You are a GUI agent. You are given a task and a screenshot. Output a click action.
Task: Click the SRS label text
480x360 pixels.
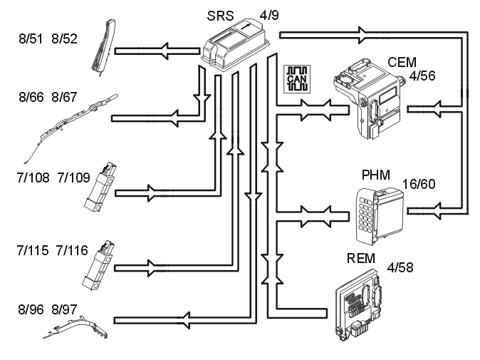pos(220,16)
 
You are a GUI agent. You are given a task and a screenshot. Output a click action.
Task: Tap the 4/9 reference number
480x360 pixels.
pos(269,15)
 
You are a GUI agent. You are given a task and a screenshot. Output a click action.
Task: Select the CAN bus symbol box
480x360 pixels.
pos(297,79)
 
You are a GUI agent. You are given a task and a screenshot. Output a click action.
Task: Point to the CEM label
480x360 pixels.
pos(402,63)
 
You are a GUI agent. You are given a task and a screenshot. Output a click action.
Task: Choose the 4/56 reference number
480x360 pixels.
pos(422,76)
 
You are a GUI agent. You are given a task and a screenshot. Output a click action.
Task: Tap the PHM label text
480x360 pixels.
pos(376,175)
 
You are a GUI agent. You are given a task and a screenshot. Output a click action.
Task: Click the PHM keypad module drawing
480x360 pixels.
pos(380,216)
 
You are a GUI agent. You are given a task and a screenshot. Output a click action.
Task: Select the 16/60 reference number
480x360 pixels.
pos(419,184)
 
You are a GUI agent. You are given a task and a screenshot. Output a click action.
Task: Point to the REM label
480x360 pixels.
pos(360,258)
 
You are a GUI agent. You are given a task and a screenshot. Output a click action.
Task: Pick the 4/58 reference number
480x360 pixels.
pos(400,267)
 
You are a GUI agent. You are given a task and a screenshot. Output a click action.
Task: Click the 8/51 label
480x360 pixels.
pos(31,39)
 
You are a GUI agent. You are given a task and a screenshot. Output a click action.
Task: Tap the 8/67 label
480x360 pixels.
pos(64,97)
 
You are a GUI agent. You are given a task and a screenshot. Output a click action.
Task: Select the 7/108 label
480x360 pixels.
pos(33,178)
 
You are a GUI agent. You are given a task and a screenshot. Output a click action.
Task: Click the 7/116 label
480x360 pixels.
pos(72,251)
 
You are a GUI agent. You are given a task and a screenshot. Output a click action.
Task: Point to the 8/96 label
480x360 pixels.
pos(31,309)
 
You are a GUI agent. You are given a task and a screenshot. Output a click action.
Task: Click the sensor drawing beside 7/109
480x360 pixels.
pos(100,187)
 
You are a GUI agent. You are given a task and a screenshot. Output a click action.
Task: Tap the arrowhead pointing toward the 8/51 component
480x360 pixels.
pos(165,51)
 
